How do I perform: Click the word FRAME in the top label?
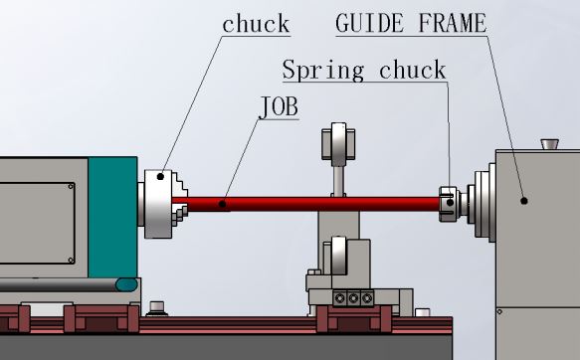tap(453, 23)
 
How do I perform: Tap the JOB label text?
tap(280, 106)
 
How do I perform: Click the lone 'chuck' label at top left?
tap(256, 24)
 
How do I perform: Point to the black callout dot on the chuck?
tap(160, 177)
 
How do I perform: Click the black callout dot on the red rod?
tap(222, 204)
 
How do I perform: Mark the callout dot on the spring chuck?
tap(450, 203)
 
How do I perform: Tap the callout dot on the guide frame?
tap(523, 201)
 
